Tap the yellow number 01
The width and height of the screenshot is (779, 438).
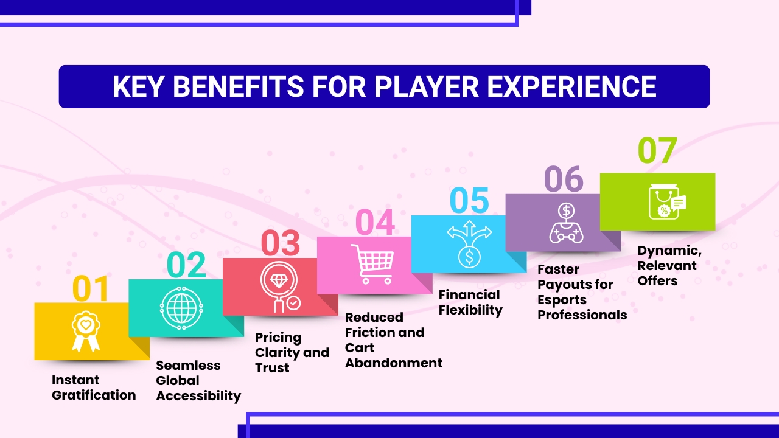click(x=90, y=289)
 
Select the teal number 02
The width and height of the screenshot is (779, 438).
click(x=186, y=265)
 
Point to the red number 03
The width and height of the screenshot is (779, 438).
click(x=281, y=243)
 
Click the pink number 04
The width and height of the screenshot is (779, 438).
click(x=375, y=222)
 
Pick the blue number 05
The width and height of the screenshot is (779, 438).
click(x=469, y=201)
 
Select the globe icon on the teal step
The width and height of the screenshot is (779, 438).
click(x=180, y=307)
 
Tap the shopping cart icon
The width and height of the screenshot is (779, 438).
click(x=371, y=263)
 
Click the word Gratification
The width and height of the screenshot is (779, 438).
click(x=94, y=395)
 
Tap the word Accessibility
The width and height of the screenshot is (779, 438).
click(x=198, y=396)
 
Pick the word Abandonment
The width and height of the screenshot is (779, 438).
click(x=394, y=363)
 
